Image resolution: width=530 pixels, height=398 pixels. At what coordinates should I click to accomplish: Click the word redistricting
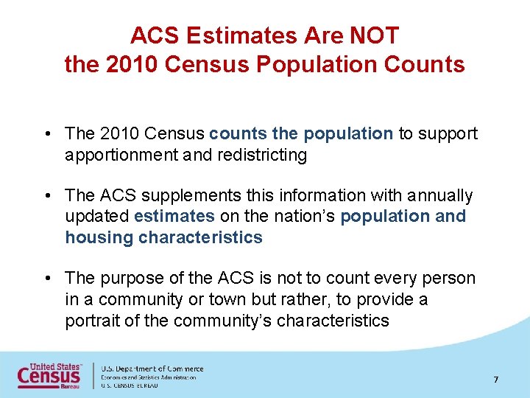pyautogui.click(x=259, y=155)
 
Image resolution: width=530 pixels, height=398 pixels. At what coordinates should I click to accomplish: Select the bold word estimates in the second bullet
pyautogui.click(x=174, y=216)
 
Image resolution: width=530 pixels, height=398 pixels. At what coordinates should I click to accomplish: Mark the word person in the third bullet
pyautogui.click(x=450, y=278)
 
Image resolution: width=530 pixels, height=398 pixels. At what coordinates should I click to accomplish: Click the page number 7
pyautogui.click(x=496, y=380)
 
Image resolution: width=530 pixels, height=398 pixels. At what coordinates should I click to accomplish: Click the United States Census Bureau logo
pyautogui.click(x=50, y=375)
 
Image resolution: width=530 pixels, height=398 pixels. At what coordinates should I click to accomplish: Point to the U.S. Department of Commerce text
pyautogui.click(x=152, y=369)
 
